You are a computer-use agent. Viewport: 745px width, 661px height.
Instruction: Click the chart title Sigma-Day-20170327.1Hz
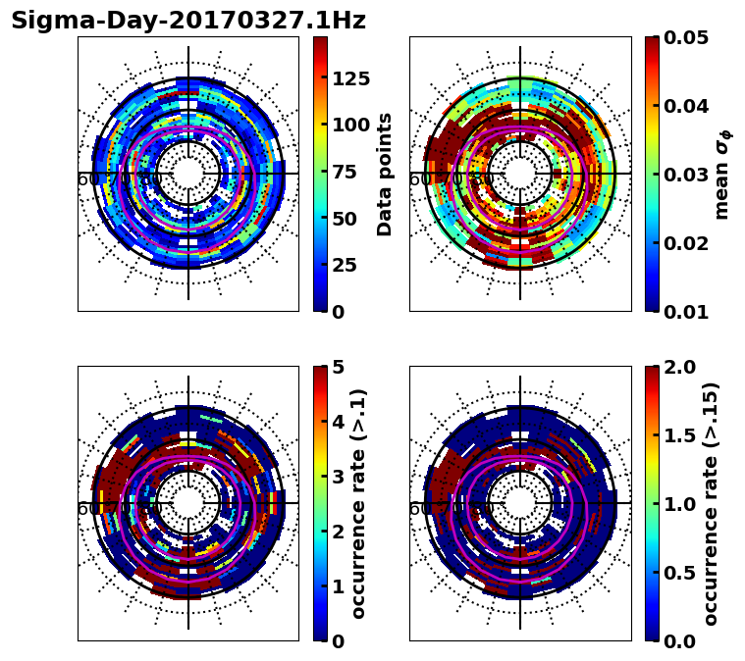[188, 21]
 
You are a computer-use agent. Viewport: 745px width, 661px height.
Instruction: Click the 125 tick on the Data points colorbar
[350, 78]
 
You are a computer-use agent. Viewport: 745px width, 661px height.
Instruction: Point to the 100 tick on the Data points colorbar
[350, 125]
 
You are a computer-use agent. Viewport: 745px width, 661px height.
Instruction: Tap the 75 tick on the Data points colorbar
[345, 172]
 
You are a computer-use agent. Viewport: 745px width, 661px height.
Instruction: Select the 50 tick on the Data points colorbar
[345, 219]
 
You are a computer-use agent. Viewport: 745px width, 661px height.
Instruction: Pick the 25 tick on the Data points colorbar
[345, 265]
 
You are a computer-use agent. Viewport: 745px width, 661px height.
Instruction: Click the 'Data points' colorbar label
[385, 174]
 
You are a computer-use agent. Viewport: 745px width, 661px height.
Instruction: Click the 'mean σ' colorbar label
[722, 175]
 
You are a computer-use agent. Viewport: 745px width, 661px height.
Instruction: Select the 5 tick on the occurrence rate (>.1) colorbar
[339, 367]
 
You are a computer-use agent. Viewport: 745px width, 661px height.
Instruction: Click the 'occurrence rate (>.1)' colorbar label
[359, 504]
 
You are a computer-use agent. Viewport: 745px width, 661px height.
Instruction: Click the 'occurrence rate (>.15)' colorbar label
[712, 504]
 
